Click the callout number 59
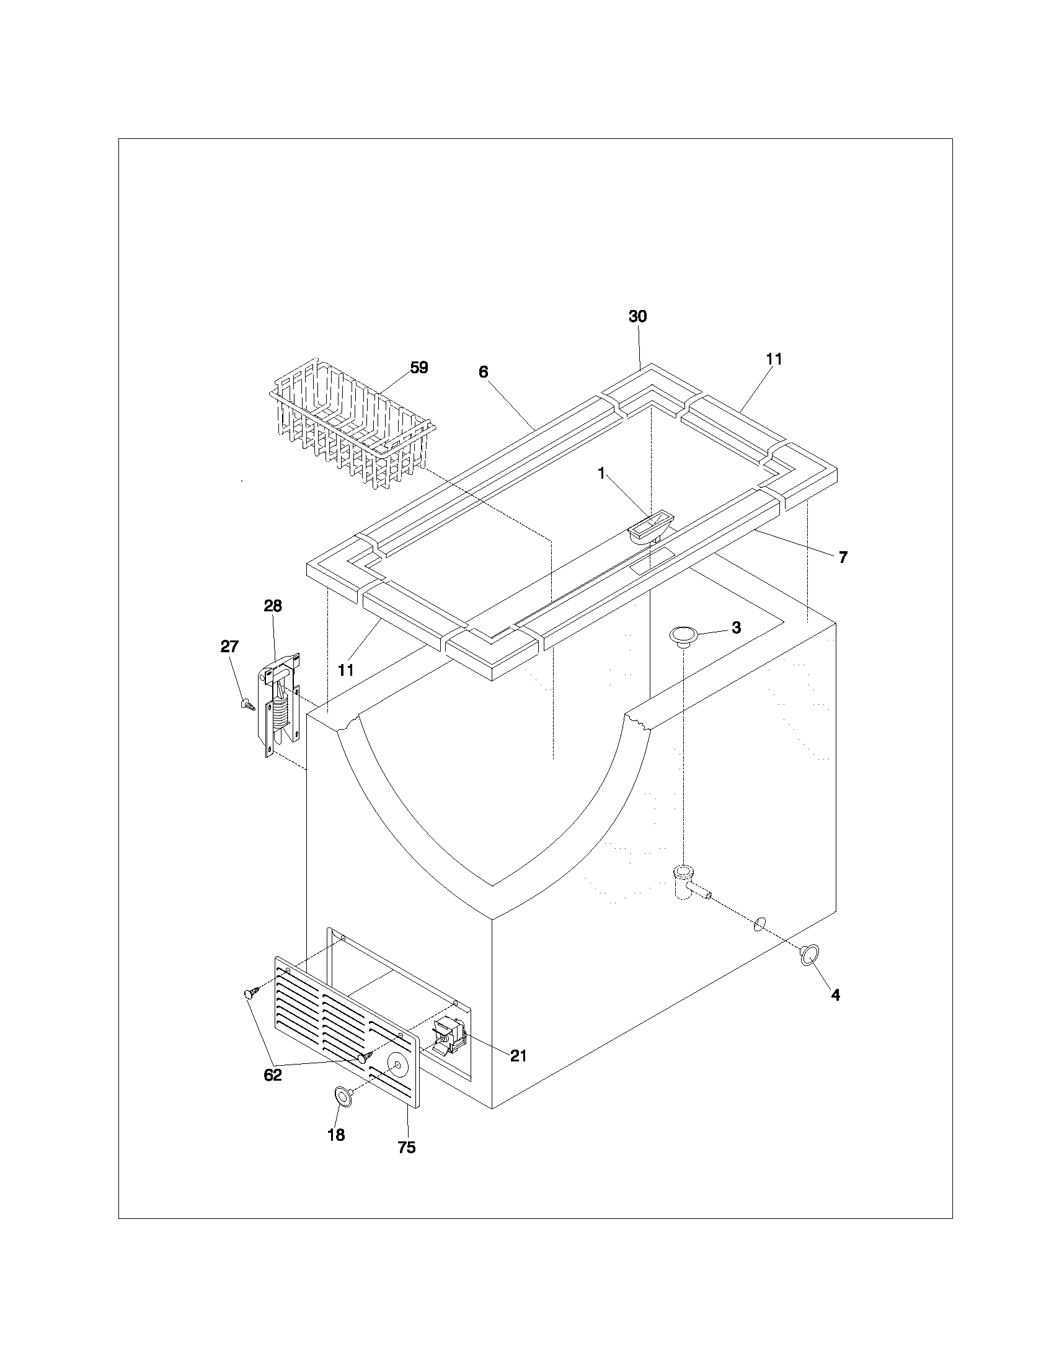tap(419, 367)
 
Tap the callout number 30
tap(637, 317)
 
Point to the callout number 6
tap(484, 372)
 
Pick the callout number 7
tap(843, 558)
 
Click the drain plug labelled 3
tap(684, 635)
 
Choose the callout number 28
tap(273, 606)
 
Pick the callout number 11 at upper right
tap(774, 359)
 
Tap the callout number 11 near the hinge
tap(346, 670)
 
